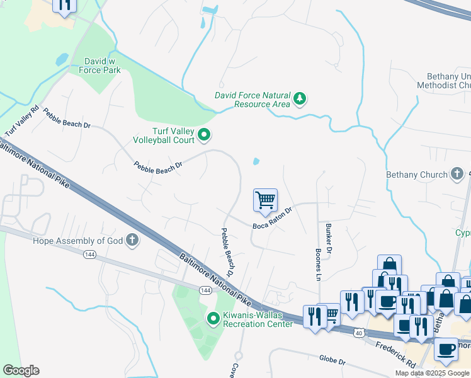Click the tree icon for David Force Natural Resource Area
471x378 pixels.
[x=300, y=98]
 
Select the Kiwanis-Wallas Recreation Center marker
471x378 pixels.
[x=213, y=319]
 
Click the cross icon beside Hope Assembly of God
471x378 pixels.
[x=132, y=239]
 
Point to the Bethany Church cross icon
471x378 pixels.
[x=458, y=174]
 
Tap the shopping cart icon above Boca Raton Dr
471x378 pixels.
[x=266, y=200]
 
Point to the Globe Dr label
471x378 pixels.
[x=332, y=361]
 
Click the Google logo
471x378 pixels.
[x=21, y=370]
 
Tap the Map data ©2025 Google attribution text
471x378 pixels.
[x=432, y=373]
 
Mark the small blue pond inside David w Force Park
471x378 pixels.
[x=62, y=60]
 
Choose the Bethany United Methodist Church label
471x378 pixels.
[x=444, y=80]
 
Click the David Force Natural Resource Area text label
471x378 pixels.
[x=252, y=100]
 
